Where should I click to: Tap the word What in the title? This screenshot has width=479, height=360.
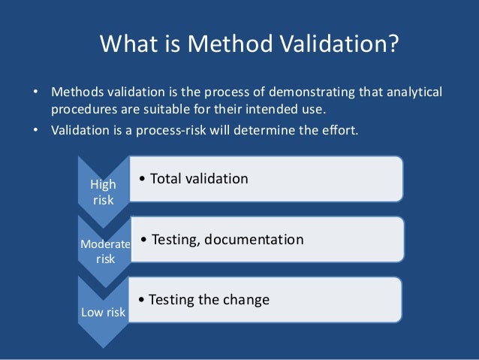[x=126, y=47]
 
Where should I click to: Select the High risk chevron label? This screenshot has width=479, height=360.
[x=104, y=192]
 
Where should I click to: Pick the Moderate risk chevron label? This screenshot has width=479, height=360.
[x=105, y=251]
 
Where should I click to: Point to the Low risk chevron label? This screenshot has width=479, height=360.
[x=104, y=312]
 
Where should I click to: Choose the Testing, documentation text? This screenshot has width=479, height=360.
[x=223, y=240]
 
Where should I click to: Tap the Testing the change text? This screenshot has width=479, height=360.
[x=204, y=300]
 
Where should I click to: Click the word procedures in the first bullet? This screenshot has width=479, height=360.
[x=80, y=109]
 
